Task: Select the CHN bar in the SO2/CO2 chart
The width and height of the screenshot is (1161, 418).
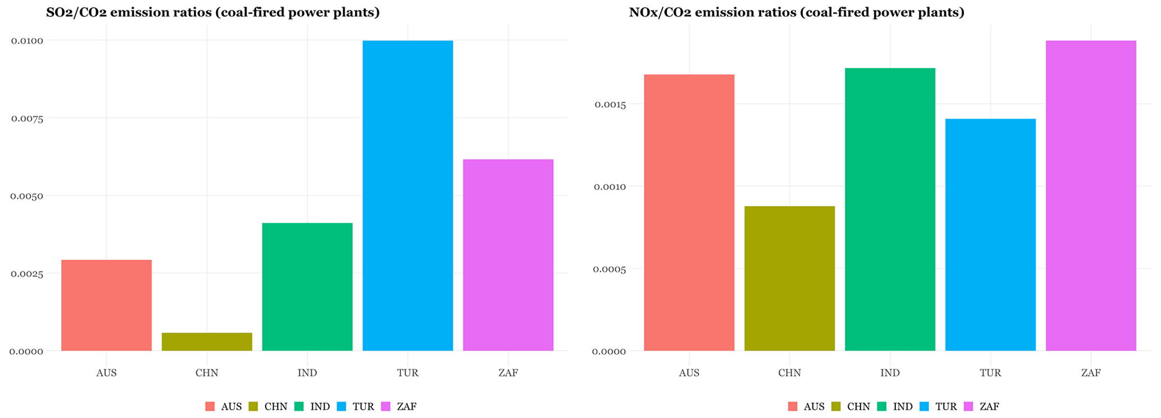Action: (x=207, y=342)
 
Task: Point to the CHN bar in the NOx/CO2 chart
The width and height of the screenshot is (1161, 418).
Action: (x=789, y=278)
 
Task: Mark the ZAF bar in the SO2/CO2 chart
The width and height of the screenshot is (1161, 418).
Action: (x=508, y=255)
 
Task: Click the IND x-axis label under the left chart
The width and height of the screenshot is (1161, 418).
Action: (x=307, y=373)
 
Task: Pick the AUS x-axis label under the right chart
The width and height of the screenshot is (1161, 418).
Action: (x=689, y=373)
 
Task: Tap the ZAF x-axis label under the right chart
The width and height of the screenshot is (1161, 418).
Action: (x=1091, y=373)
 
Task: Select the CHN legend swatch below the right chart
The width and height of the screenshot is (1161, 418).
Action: (x=836, y=406)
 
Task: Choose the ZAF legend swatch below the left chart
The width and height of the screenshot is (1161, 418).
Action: (x=386, y=406)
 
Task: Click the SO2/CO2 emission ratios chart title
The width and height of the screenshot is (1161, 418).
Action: (x=213, y=12)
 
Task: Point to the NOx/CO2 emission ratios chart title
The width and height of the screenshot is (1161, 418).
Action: (x=796, y=12)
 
